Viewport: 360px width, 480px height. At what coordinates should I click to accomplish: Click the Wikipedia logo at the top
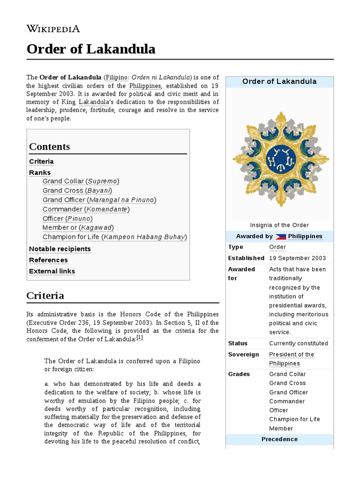(53, 29)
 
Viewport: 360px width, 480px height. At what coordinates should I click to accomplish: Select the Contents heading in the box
(49, 146)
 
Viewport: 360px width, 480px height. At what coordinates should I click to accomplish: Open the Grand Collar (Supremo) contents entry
(81, 181)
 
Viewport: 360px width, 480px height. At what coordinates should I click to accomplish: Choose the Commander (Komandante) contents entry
(86, 209)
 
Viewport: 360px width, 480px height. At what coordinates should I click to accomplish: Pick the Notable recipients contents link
(60, 249)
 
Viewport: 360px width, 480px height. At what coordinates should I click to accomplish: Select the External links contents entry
(52, 271)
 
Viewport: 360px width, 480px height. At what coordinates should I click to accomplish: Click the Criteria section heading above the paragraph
(45, 296)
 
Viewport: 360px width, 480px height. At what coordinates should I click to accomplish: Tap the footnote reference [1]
(139, 337)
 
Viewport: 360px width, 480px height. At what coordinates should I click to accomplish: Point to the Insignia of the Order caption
(279, 225)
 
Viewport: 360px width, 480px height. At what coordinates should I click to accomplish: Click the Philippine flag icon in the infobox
(280, 237)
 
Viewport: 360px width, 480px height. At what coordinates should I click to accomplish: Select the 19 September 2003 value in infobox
(298, 258)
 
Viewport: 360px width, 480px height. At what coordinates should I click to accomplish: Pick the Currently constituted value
(299, 344)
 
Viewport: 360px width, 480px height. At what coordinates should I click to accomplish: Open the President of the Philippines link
(291, 359)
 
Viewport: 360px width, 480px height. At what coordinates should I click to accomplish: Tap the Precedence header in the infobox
(279, 439)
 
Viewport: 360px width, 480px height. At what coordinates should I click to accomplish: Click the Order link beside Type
(277, 247)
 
